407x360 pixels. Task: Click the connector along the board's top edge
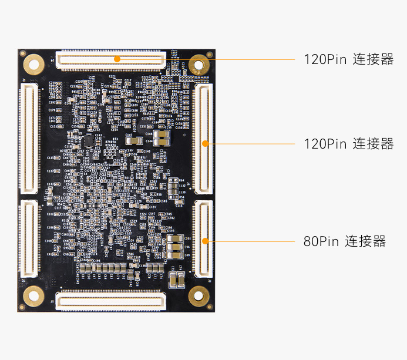click(111, 59)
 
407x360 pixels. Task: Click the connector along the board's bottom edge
click(110, 301)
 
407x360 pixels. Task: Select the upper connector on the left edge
click(28, 139)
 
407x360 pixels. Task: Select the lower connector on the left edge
click(28, 238)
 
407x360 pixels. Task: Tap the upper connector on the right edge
click(203, 139)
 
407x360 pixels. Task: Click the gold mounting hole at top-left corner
click(33, 62)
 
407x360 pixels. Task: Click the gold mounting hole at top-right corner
click(199, 63)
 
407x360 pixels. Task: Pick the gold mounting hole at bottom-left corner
click(33, 297)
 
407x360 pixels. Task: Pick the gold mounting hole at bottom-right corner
click(199, 297)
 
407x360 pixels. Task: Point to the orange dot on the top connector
click(117, 59)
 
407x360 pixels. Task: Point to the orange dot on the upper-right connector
click(205, 143)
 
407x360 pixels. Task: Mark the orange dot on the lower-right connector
click(205, 241)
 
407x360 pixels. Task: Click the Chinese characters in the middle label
click(373, 144)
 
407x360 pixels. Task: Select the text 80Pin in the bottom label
click(321, 241)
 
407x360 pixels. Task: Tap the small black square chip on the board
click(89, 141)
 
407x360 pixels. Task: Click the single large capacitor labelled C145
click(134, 140)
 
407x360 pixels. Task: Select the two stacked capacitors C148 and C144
click(161, 138)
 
